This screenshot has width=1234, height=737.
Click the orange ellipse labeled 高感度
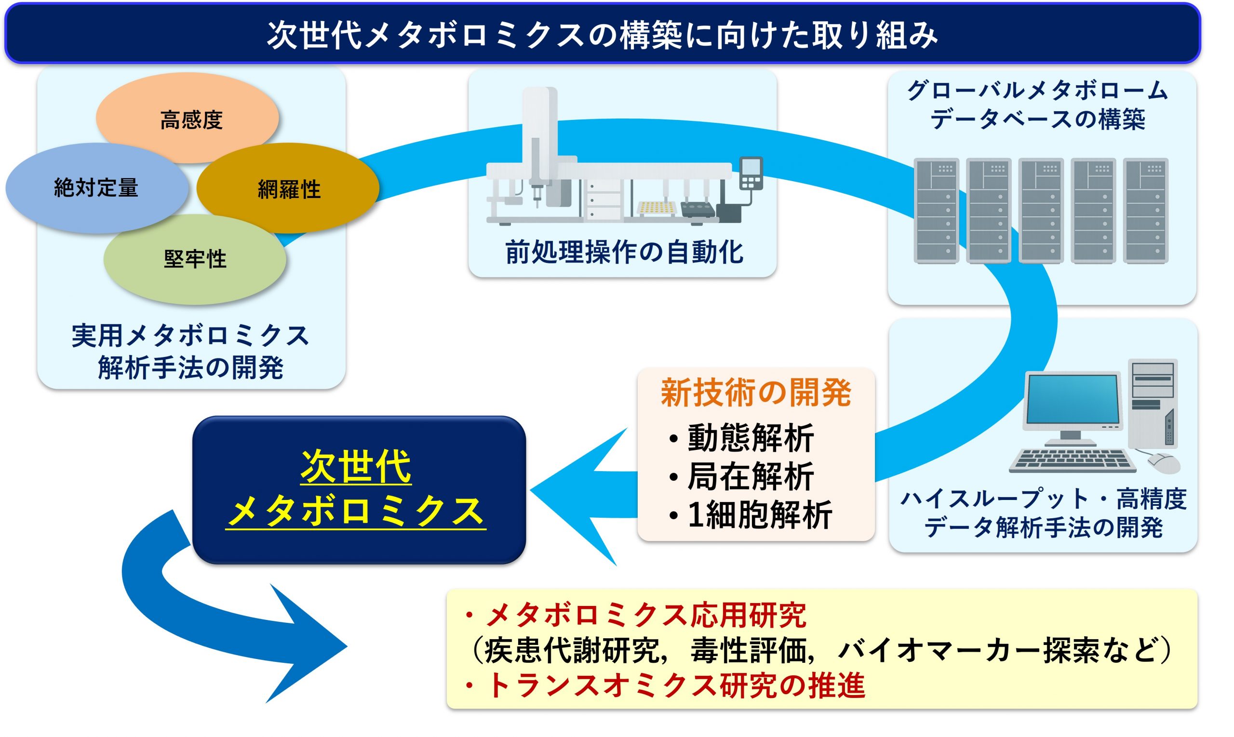187,118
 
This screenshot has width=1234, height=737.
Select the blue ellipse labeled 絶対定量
97,188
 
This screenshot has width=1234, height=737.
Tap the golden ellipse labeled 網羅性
288,188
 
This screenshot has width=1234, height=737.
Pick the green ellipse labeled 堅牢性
194,259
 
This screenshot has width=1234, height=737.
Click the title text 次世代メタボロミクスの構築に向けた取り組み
603,35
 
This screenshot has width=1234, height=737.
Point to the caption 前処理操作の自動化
624,252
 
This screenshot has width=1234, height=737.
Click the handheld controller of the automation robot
751,173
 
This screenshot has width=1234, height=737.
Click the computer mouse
1164,463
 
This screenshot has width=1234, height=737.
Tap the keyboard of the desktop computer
1073,461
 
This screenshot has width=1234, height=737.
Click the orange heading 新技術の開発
756,392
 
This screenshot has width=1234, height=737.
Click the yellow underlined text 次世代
356,467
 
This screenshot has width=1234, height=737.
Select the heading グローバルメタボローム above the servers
1038,91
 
